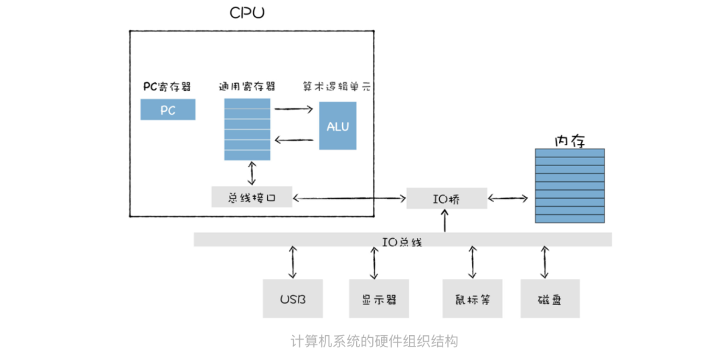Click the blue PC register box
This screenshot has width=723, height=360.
(x=167, y=110)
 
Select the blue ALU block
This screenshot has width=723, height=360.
(x=337, y=126)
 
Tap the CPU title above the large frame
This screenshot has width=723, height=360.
(x=246, y=13)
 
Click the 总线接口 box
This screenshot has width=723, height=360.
(x=251, y=197)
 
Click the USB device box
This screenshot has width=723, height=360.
(x=293, y=298)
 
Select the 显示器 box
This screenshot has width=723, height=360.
(x=378, y=298)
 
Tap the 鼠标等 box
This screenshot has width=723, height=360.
(x=472, y=298)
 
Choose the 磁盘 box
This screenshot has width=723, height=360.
(x=550, y=298)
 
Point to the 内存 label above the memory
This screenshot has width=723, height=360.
(x=570, y=141)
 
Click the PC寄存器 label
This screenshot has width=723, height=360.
(x=167, y=87)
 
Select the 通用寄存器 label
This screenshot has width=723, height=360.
(x=246, y=87)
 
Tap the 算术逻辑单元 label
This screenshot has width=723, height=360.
(x=337, y=87)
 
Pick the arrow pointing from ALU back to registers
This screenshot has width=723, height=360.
(x=294, y=140)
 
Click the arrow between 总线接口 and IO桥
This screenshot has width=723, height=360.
(x=349, y=197)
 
